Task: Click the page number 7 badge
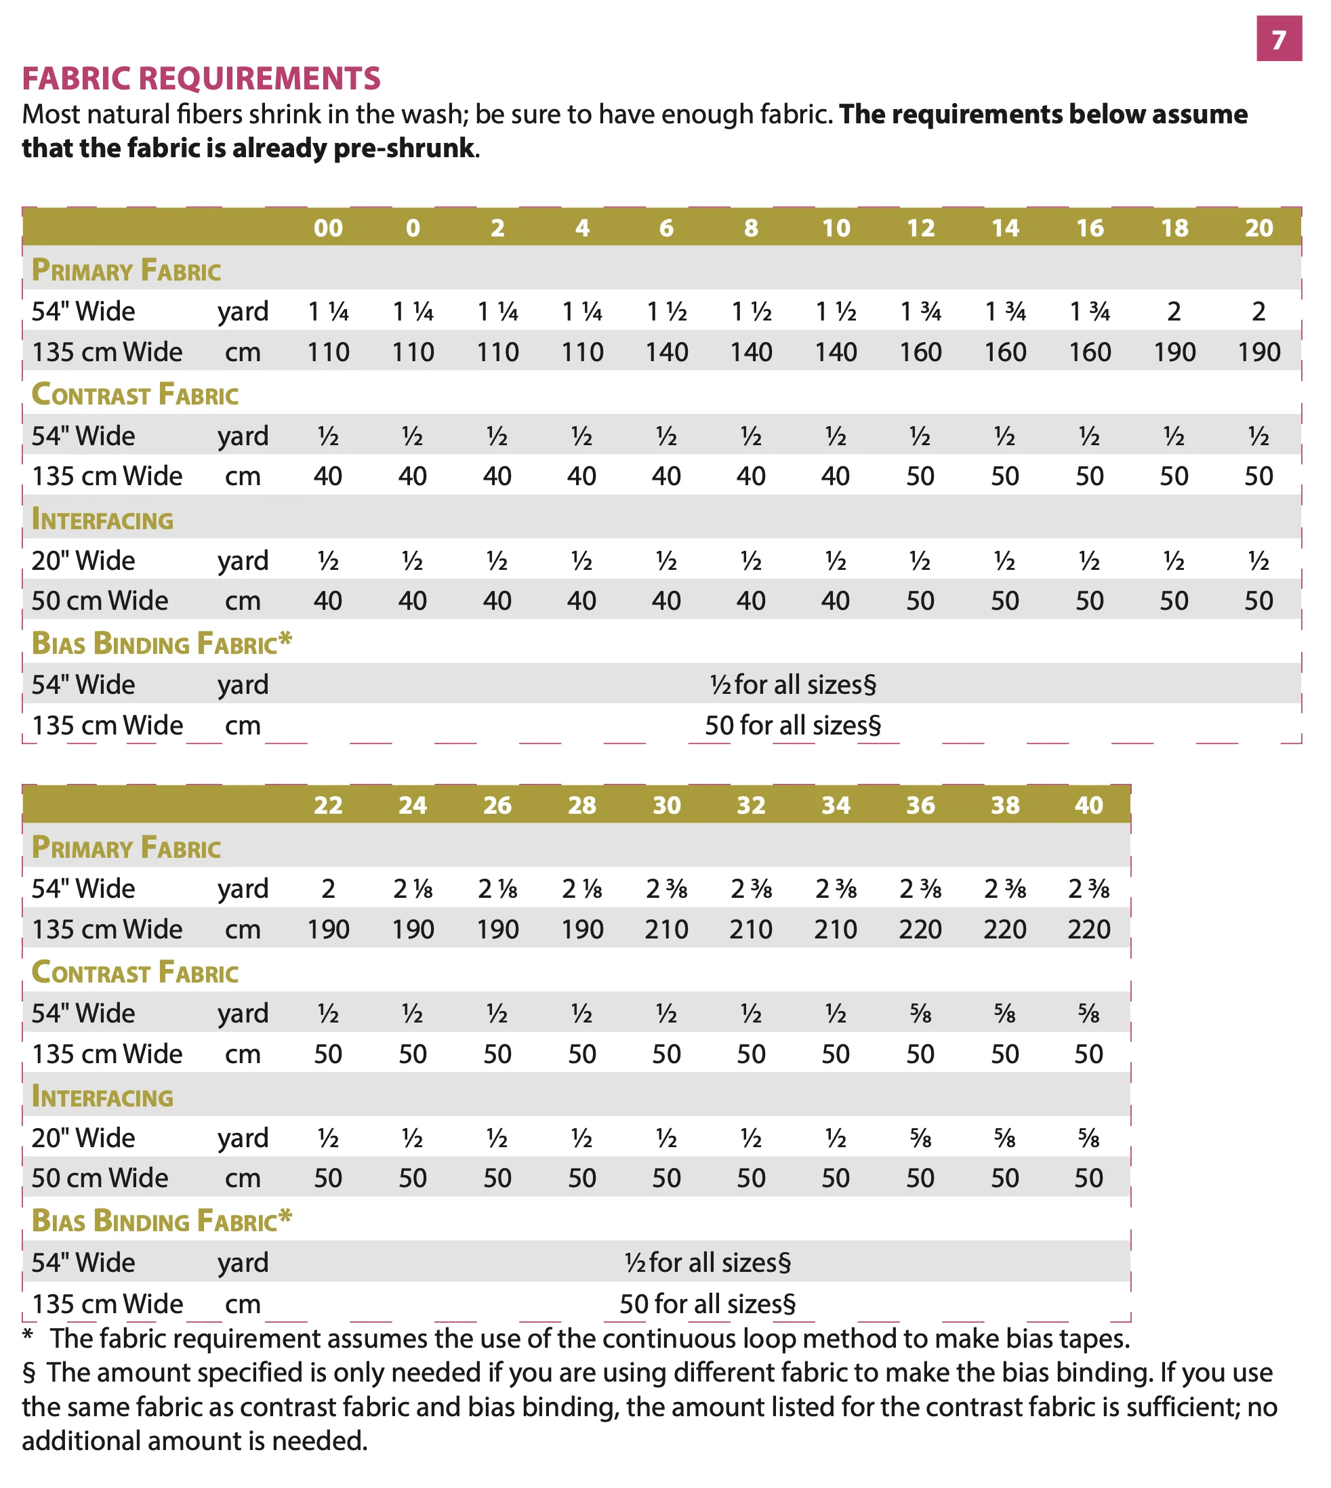[1278, 39]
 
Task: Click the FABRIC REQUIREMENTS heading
[201, 78]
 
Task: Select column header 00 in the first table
[329, 228]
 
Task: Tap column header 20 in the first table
[1258, 228]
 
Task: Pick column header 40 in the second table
[1088, 805]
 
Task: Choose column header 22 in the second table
[329, 805]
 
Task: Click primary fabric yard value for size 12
[920, 312]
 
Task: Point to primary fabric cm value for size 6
[666, 352]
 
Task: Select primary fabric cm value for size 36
[920, 930]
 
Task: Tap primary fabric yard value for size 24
[413, 889]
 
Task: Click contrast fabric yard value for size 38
[1005, 1014]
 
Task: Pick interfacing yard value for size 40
[1088, 1138]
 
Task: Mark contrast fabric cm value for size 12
[920, 477]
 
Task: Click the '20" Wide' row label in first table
[83, 561]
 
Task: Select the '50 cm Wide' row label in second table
[100, 1178]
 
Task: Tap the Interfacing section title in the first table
[102, 520]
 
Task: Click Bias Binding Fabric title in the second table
[161, 1220]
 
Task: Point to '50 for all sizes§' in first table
[793, 725]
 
